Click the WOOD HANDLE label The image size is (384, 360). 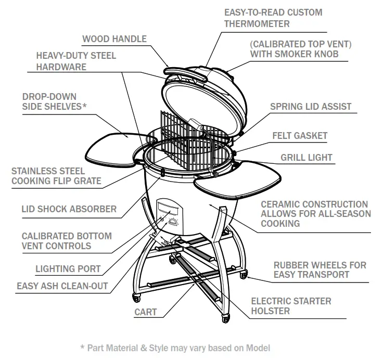[114, 39]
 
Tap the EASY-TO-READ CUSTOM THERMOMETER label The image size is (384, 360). [273, 18]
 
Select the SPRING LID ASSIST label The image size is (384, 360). [311, 107]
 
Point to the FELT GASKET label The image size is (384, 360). [300, 136]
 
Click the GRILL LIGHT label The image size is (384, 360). [306, 158]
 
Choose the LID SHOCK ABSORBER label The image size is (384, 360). [69, 209]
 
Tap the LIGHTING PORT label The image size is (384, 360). [68, 269]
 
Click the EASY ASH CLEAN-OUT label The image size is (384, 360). [62, 286]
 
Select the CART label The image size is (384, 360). [146, 313]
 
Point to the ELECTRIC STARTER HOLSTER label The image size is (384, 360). [291, 306]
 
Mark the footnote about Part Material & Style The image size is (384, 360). [175, 348]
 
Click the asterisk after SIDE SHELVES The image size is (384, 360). [85, 107]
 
